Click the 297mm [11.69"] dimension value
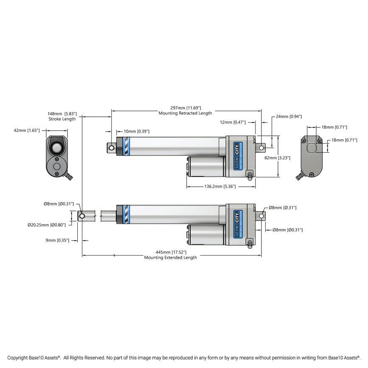pos(185,108)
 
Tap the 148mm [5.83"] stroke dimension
pos(62,114)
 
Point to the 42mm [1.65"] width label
pos(27,131)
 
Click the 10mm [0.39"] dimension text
pos(136,132)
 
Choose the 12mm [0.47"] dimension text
pos(233,122)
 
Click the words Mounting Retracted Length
pos(185,113)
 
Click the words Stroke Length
pos(62,119)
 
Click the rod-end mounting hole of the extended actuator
pos(82,216)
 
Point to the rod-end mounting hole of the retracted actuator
pos(112,148)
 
